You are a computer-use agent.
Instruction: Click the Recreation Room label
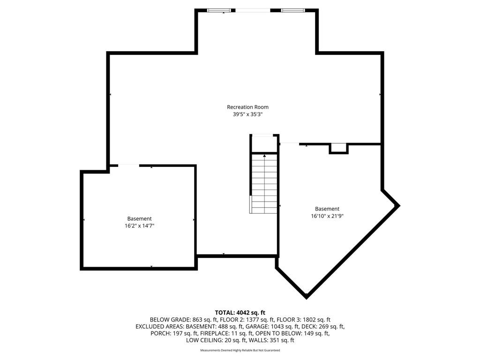point(247,107)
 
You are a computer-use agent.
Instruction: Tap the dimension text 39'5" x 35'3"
point(247,114)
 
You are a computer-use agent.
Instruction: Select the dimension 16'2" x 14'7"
point(139,226)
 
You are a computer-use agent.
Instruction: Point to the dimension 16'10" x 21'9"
point(327,216)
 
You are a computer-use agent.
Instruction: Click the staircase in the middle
point(264,184)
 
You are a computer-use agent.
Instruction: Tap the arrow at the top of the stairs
point(264,156)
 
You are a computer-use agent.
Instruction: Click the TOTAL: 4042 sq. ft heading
point(240,313)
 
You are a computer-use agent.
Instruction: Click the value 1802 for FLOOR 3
point(310,320)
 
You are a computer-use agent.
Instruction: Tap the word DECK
point(309,327)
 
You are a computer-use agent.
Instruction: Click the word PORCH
point(160,333)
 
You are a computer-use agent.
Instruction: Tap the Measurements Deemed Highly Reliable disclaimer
point(240,350)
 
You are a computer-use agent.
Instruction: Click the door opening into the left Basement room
point(128,165)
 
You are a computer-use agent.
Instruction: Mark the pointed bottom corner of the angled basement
point(307,298)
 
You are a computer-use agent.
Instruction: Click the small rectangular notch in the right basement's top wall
point(338,149)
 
